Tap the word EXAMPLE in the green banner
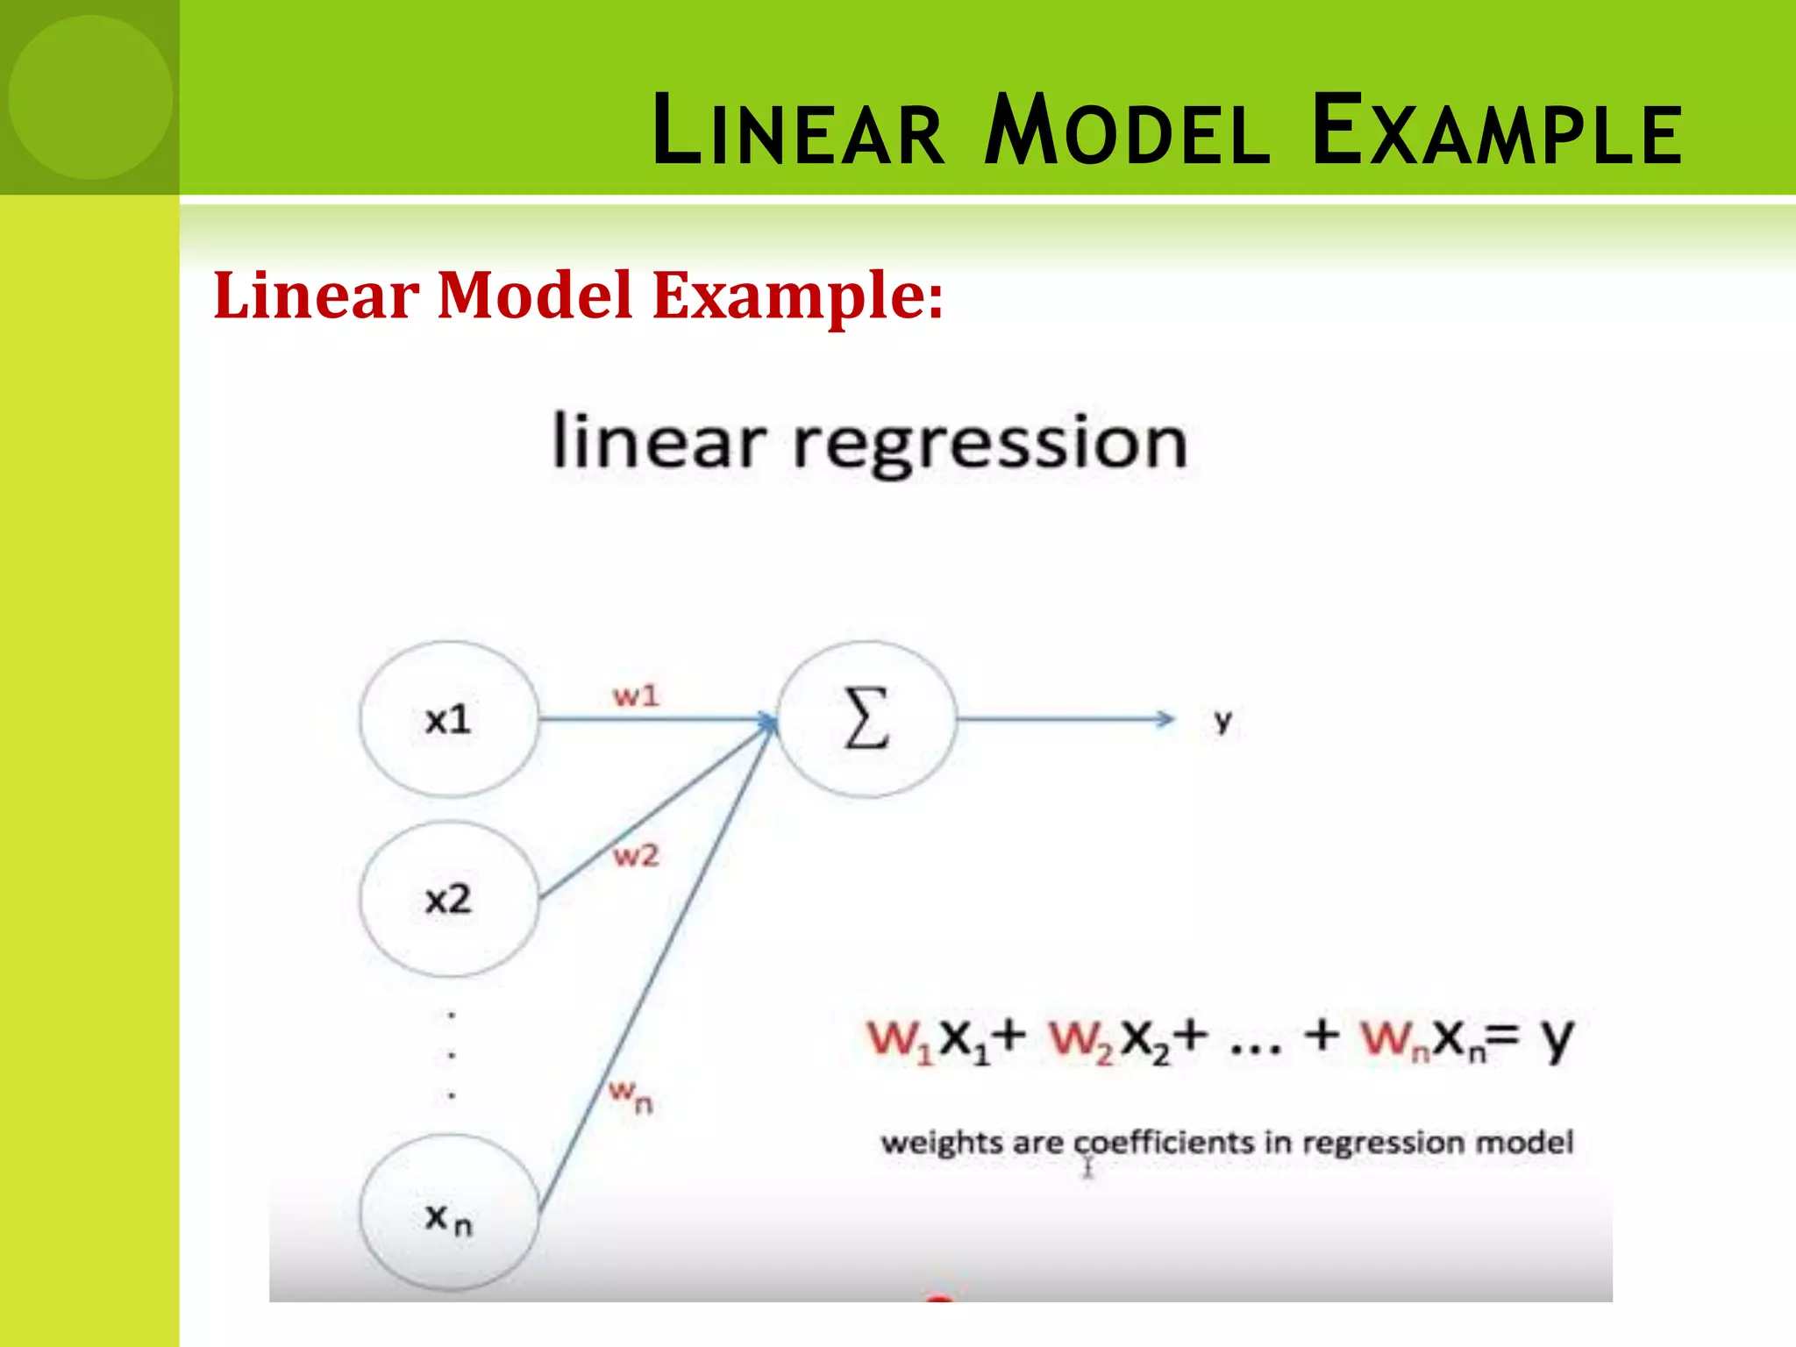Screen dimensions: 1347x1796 pyautogui.click(x=1497, y=132)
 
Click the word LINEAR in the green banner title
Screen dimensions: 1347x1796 pyautogui.click(x=799, y=132)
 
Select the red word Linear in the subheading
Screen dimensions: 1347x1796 pyautogui.click(x=316, y=296)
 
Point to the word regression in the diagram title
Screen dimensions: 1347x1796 pyautogui.click(x=990, y=444)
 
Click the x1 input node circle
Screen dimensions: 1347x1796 pyautogui.click(x=449, y=719)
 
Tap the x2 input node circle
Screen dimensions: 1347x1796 pyautogui.click(x=449, y=899)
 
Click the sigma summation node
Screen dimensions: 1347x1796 pyautogui.click(x=866, y=719)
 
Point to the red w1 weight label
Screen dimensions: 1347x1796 pyautogui.click(x=636, y=696)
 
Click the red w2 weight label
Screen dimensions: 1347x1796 pyautogui.click(x=636, y=855)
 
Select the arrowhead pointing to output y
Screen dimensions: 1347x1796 pyautogui.click(x=1165, y=719)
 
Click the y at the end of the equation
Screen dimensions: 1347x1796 pyautogui.click(x=1557, y=1040)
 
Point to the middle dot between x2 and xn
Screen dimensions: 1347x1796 pyautogui.click(x=452, y=1055)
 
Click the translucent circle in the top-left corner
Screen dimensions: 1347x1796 pyautogui.click(x=90, y=96)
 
